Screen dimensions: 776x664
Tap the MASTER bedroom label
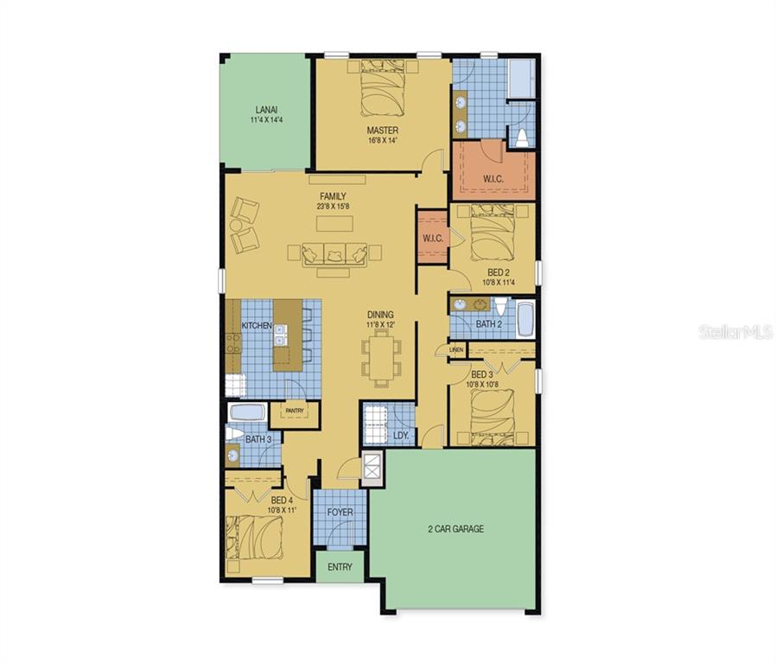click(383, 131)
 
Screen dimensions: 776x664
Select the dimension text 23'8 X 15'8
click(333, 207)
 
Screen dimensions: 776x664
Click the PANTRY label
click(295, 411)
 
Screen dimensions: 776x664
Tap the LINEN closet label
click(456, 350)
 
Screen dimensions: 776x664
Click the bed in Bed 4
click(254, 538)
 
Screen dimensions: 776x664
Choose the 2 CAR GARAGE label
click(455, 529)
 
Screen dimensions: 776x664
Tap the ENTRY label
click(340, 567)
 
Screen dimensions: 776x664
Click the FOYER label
click(340, 512)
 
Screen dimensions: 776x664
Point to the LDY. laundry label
click(401, 436)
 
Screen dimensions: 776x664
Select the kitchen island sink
click(281, 335)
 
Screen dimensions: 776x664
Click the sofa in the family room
click(334, 254)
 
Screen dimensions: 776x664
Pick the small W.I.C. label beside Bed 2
click(433, 238)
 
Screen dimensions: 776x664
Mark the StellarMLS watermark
click(736, 332)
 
